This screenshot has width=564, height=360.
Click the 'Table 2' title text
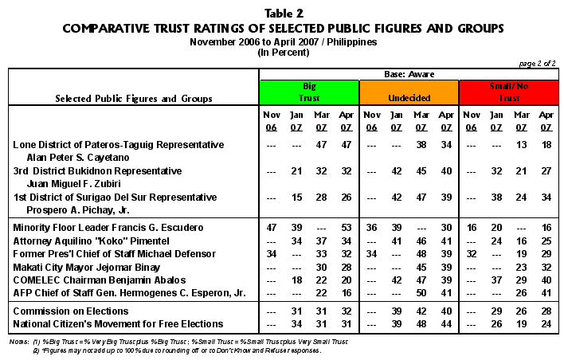[x=282, y=13]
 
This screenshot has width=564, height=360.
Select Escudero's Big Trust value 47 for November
[x=270, y=227]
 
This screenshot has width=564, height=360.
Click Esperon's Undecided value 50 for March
[x=421, y=291]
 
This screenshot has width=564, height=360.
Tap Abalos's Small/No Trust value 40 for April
[x=546, y=278]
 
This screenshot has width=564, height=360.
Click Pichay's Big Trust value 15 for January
[x=296, y=196]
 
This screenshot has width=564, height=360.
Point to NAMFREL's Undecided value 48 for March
[x=421, y=323]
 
